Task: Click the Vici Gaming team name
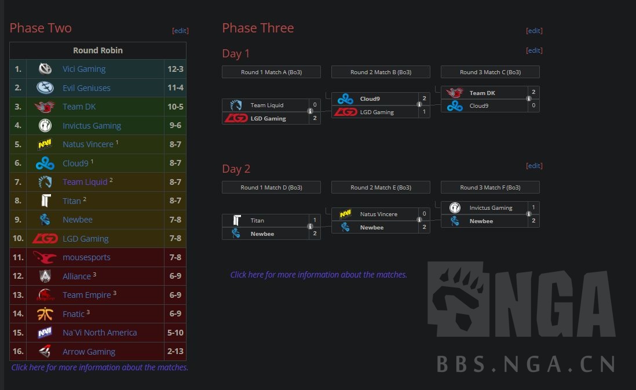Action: point(84,69)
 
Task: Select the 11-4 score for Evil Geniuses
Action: point(176,88)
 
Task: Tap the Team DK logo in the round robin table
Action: point(45,107)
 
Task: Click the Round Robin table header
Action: point(98,50)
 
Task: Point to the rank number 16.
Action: point(18,352)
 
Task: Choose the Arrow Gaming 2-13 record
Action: point(176,352)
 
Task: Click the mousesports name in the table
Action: point(86,257)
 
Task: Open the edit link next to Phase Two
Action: point(180,31)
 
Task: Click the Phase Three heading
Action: point(258,28)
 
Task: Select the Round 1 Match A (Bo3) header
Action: point(271,72)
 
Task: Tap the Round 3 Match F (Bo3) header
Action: point(490,187)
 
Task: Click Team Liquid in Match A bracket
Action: point(266,105)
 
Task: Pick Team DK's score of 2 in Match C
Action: point(533,92)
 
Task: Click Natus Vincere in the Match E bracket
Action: point(378,214)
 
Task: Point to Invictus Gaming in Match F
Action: point(491,207)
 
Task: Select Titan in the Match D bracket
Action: point(257,220)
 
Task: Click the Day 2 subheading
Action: point(236,169)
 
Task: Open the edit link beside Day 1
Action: point(534,50)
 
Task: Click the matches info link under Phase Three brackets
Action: point(319,275)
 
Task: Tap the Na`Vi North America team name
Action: point(100,333)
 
